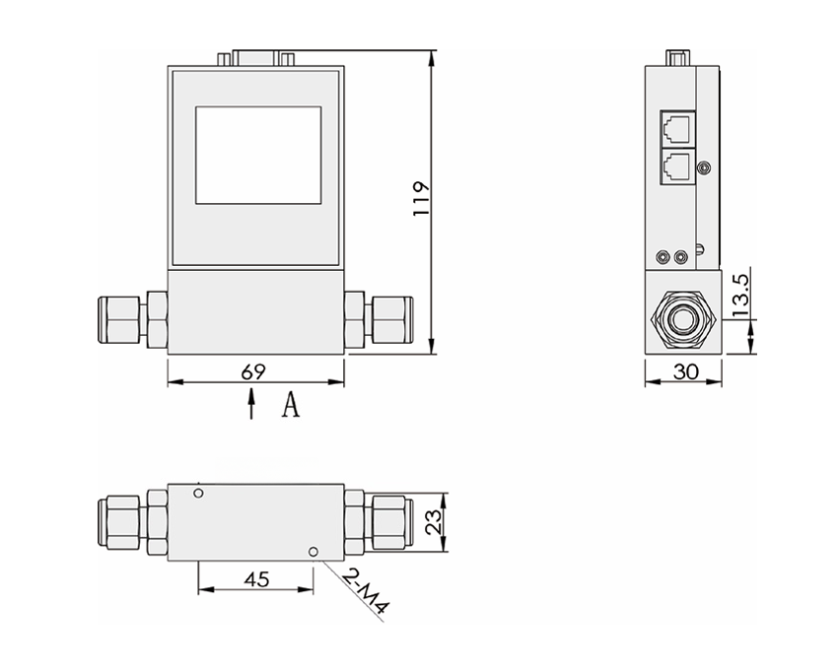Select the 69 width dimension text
(253, 371)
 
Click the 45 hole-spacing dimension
(255, 579)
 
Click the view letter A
(289, 405)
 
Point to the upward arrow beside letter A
(251, 403)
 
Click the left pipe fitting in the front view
(133, 320)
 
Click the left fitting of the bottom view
(133, 520)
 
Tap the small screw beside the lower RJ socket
(703, 168)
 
